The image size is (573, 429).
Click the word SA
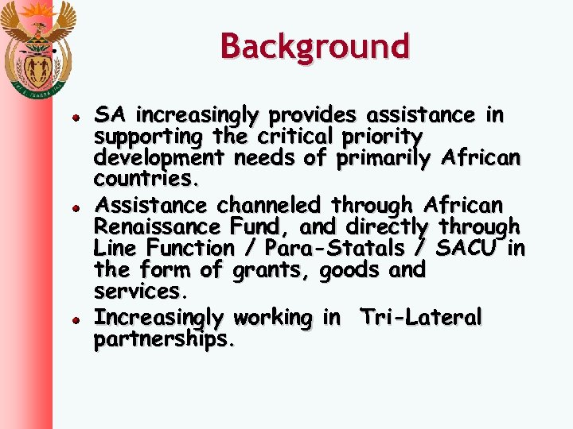click(x=109, y=115)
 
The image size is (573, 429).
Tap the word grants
click(x=271, y=270)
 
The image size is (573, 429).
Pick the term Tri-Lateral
click(x=421, y=318)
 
